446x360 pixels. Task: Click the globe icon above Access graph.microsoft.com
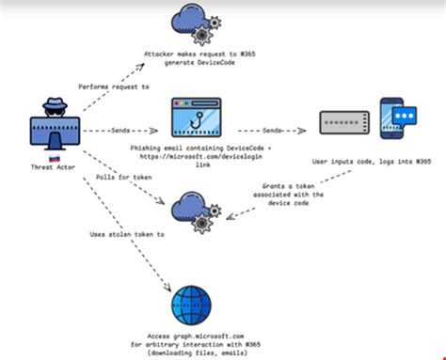pyautogui.click(x=197, y=296)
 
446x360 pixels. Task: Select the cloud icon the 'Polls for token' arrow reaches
pyautogui.click(x=193, y=208)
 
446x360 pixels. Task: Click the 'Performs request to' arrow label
pyautogui.click(x=115, y=86)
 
